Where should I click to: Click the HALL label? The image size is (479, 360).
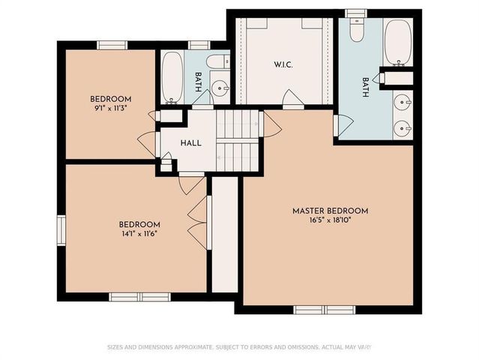click(x=191, y=142)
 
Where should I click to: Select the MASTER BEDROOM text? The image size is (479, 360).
click(x=330, y=211)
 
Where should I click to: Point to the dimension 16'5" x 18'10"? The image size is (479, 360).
click(x=330, y=221)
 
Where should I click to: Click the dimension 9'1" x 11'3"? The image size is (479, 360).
click(x=111, y=109)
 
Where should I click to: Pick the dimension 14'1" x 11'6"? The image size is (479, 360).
click(x=140, y=233)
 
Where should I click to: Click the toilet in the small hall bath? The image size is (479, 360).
click(x=219, y=62)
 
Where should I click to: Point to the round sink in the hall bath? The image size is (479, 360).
click(x=221, y=88)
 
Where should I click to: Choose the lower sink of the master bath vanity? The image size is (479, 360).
click(x=403, y=127)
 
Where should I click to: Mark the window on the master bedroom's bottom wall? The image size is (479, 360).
click(x=325, y=309)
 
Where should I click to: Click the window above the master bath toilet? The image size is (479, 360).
click(x=357, y=13)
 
